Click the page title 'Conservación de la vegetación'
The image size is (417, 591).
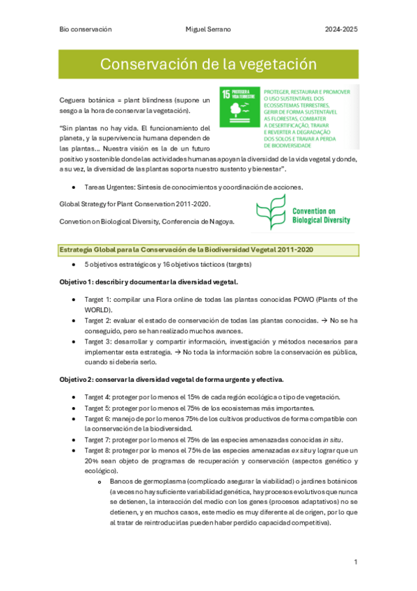(x=208, y=65)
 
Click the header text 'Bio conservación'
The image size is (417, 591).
(x=86, y=29)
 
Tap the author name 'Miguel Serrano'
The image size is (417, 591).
(x=209, y=29)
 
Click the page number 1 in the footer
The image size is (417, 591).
(x=355, y=562)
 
